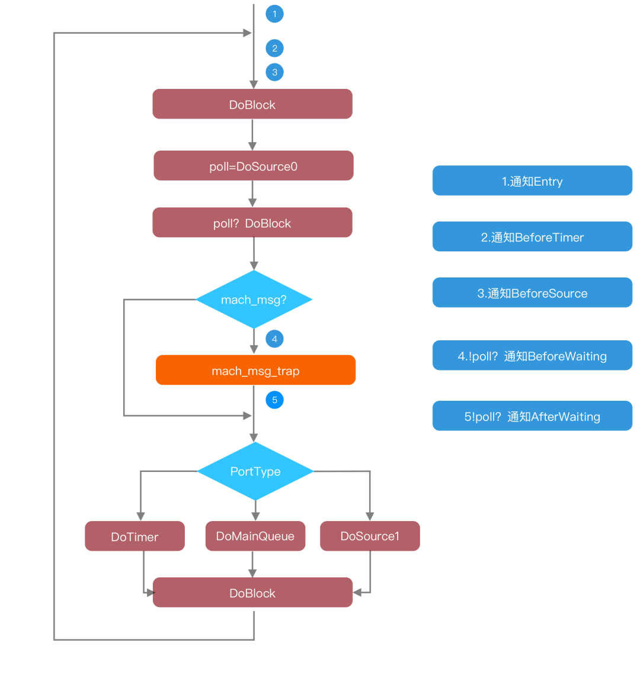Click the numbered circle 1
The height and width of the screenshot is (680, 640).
274,14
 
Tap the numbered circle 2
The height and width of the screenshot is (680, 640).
274,48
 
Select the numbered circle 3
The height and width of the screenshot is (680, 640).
274,72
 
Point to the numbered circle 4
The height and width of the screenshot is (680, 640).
274,339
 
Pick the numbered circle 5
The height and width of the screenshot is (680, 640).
274,400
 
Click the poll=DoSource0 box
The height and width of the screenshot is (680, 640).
254,165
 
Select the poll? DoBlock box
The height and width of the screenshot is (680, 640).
252,222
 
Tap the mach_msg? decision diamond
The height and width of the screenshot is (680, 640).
254,299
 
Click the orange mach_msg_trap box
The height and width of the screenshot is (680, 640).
256,370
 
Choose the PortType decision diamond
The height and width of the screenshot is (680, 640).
255,471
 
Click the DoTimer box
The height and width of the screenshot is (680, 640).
135,536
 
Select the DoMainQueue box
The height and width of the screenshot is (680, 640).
255,536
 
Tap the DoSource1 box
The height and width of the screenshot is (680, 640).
370,536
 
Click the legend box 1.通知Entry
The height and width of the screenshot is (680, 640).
533,180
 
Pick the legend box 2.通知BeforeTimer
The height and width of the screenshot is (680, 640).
533,237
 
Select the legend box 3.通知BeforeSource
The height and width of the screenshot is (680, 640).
533,292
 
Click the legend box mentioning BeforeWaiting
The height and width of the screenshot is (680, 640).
533,355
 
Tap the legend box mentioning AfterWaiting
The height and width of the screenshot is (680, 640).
533,416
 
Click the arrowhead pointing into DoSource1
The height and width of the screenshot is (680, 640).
370,516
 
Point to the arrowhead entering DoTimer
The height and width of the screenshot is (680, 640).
140,516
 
